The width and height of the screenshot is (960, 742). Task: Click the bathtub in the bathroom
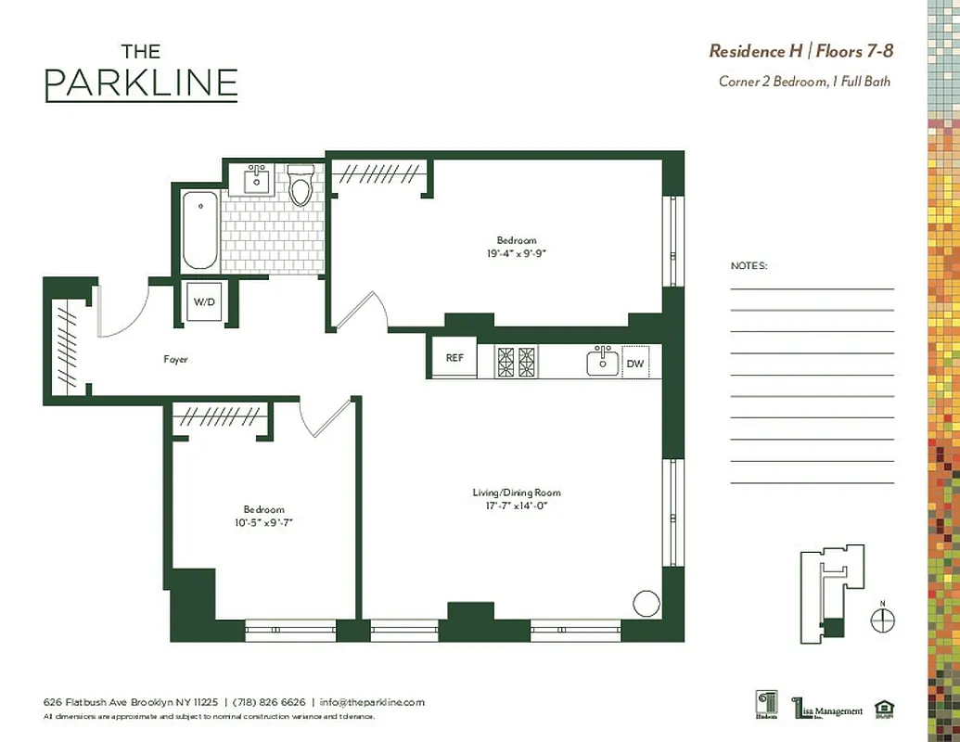[199, 230]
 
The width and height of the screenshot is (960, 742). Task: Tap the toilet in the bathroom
[301, 186]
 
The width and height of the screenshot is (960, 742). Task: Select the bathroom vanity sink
[257, 180]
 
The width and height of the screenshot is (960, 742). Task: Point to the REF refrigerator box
[454, 358]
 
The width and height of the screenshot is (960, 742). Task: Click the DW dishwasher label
[634, 364]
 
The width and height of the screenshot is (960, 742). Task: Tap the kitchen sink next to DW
[603, 361]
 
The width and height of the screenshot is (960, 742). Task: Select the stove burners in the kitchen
[516, 361]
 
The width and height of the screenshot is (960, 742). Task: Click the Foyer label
[176, 359]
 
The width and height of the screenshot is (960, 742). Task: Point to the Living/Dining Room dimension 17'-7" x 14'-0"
[517, 505]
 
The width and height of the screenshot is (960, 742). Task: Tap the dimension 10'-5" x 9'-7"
[263, 522]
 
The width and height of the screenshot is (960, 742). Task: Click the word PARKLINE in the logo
[141, 83]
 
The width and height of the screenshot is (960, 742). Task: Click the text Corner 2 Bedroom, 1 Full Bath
[804, 82]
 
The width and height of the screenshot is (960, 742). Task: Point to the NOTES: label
[749, 265]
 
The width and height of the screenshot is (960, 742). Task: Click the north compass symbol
[883, 619]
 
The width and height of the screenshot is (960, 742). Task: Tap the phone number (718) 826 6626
[269, 702]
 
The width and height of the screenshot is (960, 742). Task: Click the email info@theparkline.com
[372, 702]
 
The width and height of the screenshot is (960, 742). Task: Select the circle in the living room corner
[645, 603]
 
